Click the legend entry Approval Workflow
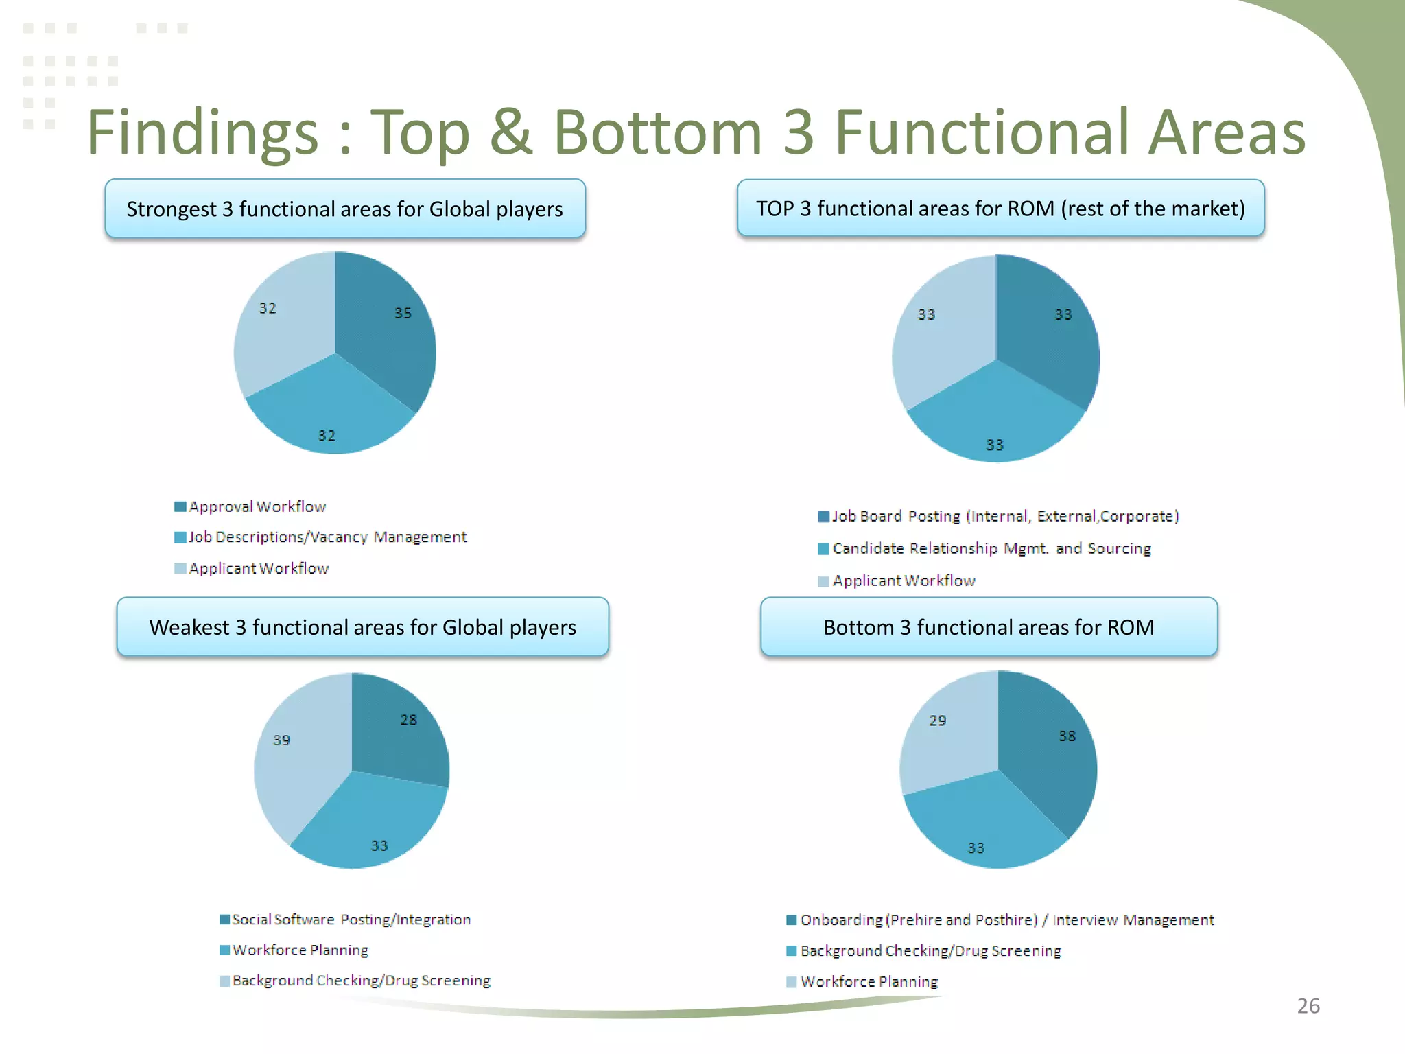pyautogui.click(x=257, y=506)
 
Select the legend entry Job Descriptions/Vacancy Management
pyautogui.click(x=327, y=537)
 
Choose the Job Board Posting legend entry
pyautogui.click(x=1005, y=516)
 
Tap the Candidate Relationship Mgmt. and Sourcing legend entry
pyautogui.click(x=991, y=548)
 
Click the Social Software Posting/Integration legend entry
pyautogui.click(x=351, y=920)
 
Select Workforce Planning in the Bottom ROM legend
pyautogui.click(x=869, y=982)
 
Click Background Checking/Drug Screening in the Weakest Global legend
pyautogui.click(x=361, y=981)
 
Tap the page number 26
pyautogui.click(x=1308, y=1006)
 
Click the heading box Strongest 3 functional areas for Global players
pyautogui.click(x=344, y=209)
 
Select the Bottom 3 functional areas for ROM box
pyautogui.click(x=989, y=627)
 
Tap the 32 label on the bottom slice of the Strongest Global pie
pyautogui.click(x=327, y=436)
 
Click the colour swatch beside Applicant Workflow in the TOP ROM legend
pyautogui.click(x=823, y=582)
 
